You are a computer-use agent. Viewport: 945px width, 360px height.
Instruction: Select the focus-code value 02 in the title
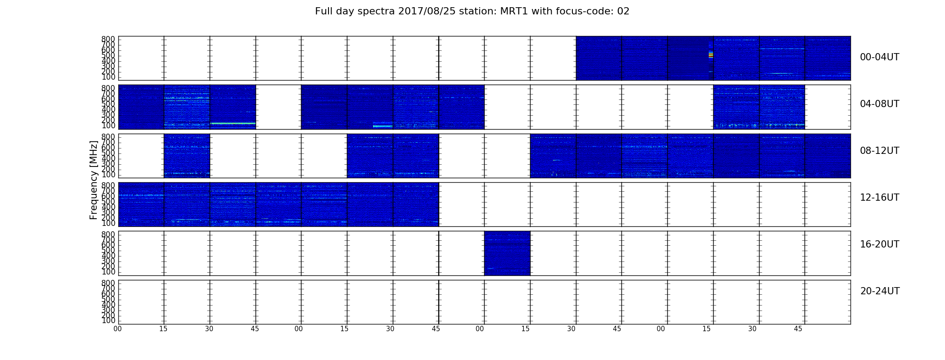pyautogui.click(x=623, y=11)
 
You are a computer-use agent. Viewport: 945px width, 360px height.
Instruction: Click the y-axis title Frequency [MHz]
pyautogui.click(x=94, y=180)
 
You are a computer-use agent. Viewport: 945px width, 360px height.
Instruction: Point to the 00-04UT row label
pyautogui.click(x=880, y=57)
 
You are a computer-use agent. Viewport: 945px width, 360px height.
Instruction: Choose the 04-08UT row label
pyautogui.click(x=880, y=104)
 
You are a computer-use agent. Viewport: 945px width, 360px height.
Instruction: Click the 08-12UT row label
pyautogui.click(x=880, y=151)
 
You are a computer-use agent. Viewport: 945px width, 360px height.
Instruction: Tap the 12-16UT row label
pyautogui.click(x=880, y=198)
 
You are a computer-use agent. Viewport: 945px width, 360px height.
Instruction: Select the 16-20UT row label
pyautogui.click(x=880, y=244)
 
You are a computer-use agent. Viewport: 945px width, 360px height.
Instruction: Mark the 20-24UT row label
pyautogui.click(x=880, y=291)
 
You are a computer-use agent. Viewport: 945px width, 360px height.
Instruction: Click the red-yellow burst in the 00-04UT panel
pyautogui.click(x=711, y=55)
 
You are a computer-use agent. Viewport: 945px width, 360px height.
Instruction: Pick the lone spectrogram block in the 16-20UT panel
pyautogui.click(x=507, y=253)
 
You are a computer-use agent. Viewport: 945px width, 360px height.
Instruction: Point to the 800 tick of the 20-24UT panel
pyautogui.click(x=108, y=283)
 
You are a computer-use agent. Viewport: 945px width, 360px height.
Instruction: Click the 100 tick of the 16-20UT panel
pyautogui.click(x=108, y=272)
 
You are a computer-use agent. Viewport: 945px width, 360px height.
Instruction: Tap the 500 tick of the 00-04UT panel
pyautogui.click(x=108, y=56)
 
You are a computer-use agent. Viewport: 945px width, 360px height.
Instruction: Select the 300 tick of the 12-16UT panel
pyautogui.click(x=108, y=212)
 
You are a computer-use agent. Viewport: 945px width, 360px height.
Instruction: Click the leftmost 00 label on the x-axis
pyautogui.click(x=117, y=329)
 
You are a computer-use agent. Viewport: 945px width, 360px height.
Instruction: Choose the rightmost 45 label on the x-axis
pyautogui.click(x=798, y=329)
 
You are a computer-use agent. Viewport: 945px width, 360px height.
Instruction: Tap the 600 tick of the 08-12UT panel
pyautogui.click(x=108, y=148)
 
